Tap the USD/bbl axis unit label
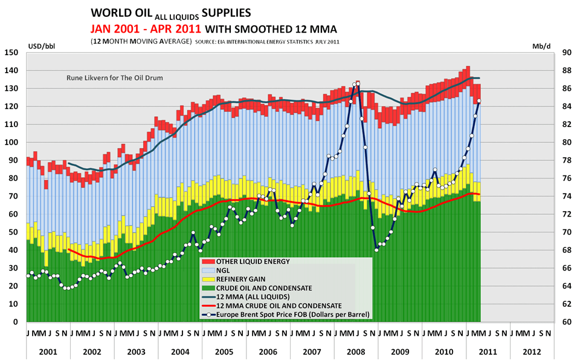[40, 45]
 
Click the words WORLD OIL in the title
[118, 12]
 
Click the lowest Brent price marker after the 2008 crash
[376, 249]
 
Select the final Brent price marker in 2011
[479, 101]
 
